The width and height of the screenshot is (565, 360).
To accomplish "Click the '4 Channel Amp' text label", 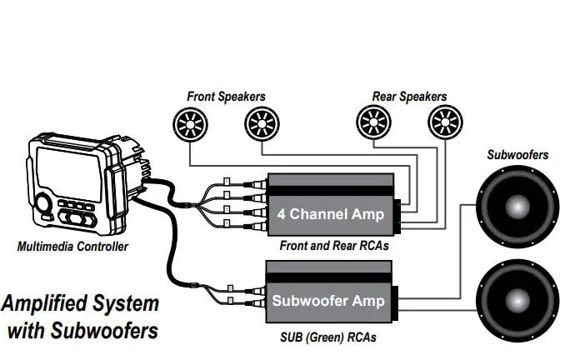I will point(331,214).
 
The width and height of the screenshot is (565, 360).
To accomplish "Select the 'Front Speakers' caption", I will point(226,97).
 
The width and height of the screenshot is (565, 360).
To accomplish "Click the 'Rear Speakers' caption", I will point(409,97).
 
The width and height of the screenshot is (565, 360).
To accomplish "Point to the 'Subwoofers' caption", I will point(517,155).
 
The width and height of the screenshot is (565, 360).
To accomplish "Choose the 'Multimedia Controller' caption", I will point(72,247).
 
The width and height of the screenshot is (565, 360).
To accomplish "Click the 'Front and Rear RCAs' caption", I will point(326,246).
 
